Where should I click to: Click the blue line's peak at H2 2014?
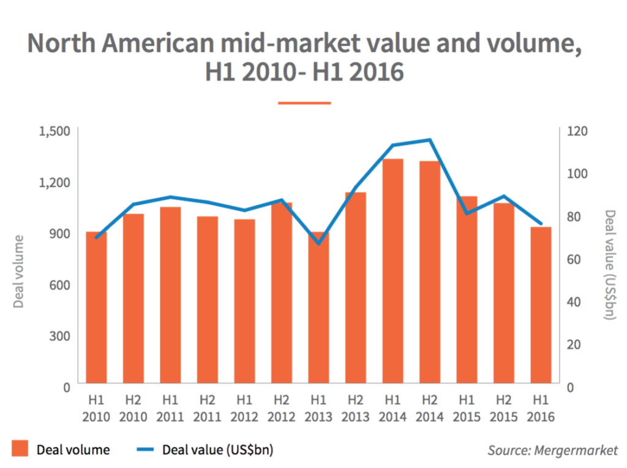click(x=430, y=140)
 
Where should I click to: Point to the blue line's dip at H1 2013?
click(x=318, y=244)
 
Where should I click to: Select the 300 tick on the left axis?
click(x=60, y=336)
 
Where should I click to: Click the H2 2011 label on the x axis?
click(x=207, y=409)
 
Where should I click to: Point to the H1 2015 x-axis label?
click(x=466, y=409)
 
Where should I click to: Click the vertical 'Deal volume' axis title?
click(x=18, y=271)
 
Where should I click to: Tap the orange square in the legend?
click(x=20, y=450)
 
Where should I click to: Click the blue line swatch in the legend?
click(x=141, y=450)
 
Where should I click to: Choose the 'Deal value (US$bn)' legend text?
click(x=217, y=450)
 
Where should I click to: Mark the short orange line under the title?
click(x=304, y=103)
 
